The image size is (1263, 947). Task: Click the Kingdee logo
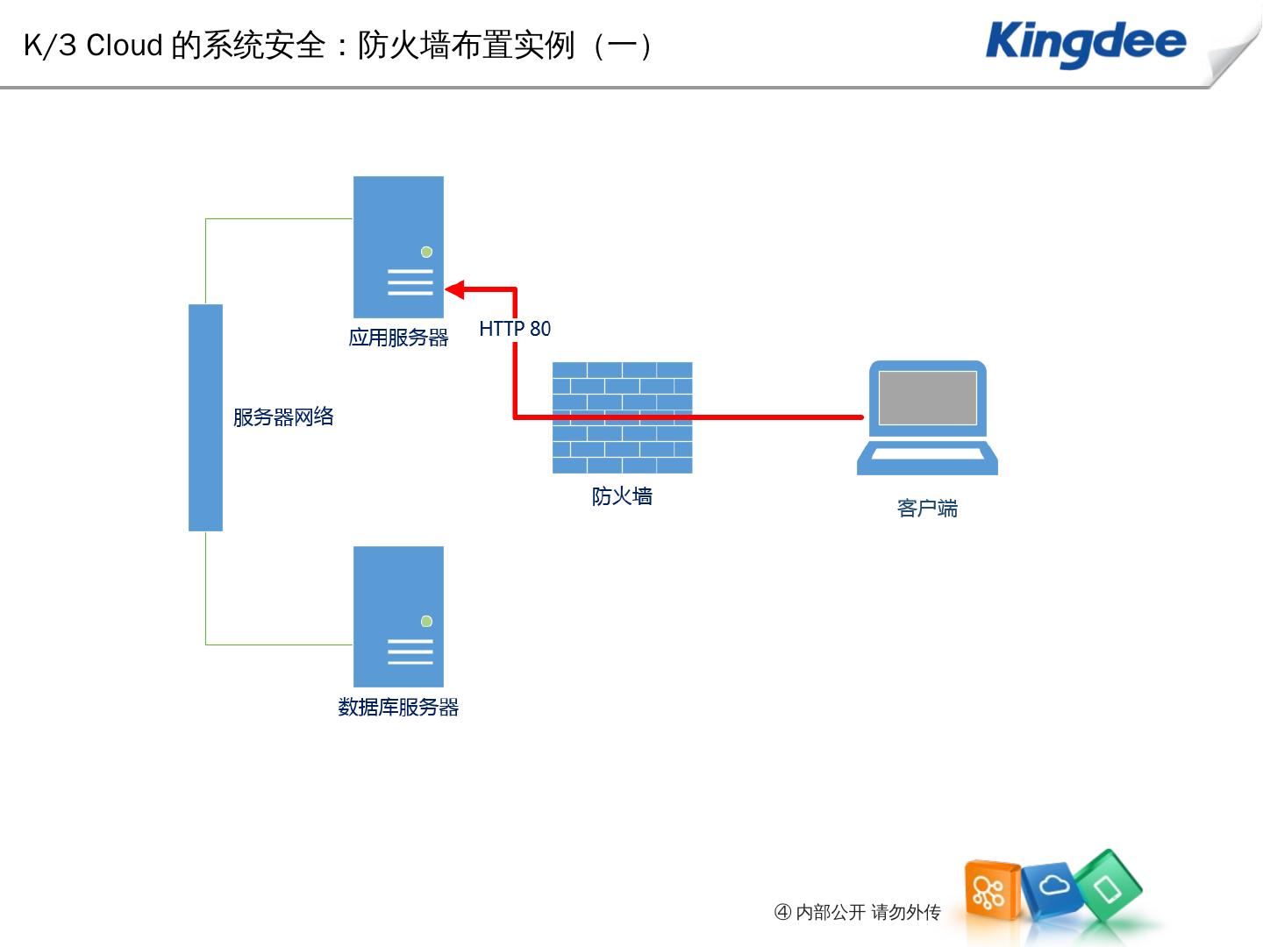coord(1086,44)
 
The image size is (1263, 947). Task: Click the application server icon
coord(398,246)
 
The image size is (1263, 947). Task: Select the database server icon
coord(398,616)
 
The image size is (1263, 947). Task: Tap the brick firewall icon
coord(622,417)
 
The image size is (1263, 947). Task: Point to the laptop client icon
coord(927,417)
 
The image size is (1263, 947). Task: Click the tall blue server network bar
coord(205,417)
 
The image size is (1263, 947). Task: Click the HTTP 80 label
coord(515,329)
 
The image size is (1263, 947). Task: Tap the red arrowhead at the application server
coord(455,289)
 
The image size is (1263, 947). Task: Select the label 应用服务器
coord(398,338)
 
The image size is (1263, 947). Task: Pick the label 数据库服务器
coord(398,708)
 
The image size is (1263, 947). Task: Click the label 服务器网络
coord(283,417)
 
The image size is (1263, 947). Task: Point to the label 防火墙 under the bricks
coord(622,496)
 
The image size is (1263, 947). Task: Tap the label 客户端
coord(927,509)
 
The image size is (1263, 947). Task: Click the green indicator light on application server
coord(427,252)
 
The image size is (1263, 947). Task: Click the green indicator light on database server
coord(427,622)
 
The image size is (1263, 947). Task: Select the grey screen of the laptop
coord(927,397)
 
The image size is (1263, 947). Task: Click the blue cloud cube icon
coord(1052,887)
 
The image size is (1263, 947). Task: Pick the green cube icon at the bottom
coord(1110,887)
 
